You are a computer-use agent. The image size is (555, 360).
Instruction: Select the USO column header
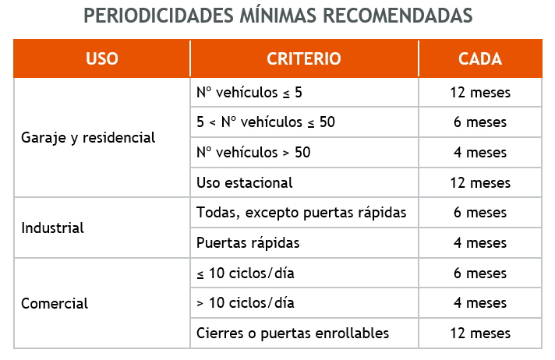[x=102, y=59]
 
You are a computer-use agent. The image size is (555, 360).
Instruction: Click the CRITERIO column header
[x=304, y=59]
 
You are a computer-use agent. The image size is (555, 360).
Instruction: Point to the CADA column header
[x=480, y=59]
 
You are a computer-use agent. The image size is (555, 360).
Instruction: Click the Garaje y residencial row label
[x=88, y=138]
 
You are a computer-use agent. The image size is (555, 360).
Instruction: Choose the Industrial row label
[x=53, y=228]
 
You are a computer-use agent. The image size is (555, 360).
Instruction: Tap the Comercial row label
[x=55, y=304]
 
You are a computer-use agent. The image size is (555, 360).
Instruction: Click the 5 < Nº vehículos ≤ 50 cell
[x=266, y=122]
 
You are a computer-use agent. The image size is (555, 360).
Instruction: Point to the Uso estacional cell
[x=245, y=183]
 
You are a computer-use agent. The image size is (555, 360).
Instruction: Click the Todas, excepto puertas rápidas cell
[x=302, y=213]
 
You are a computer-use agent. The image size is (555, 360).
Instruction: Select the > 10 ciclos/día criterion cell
[x=246, y=303]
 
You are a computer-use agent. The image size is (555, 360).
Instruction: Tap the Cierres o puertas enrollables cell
[x=292, y=334]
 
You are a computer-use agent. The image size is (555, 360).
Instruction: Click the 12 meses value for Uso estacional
[x=480, y=183]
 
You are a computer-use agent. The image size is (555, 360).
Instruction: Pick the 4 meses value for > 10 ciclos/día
[x=480, y=303]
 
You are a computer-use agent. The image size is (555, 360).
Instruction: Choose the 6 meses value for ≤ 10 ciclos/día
[x=480, y=274]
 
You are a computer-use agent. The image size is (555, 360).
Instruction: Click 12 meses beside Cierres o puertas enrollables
[x=480, y=334]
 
